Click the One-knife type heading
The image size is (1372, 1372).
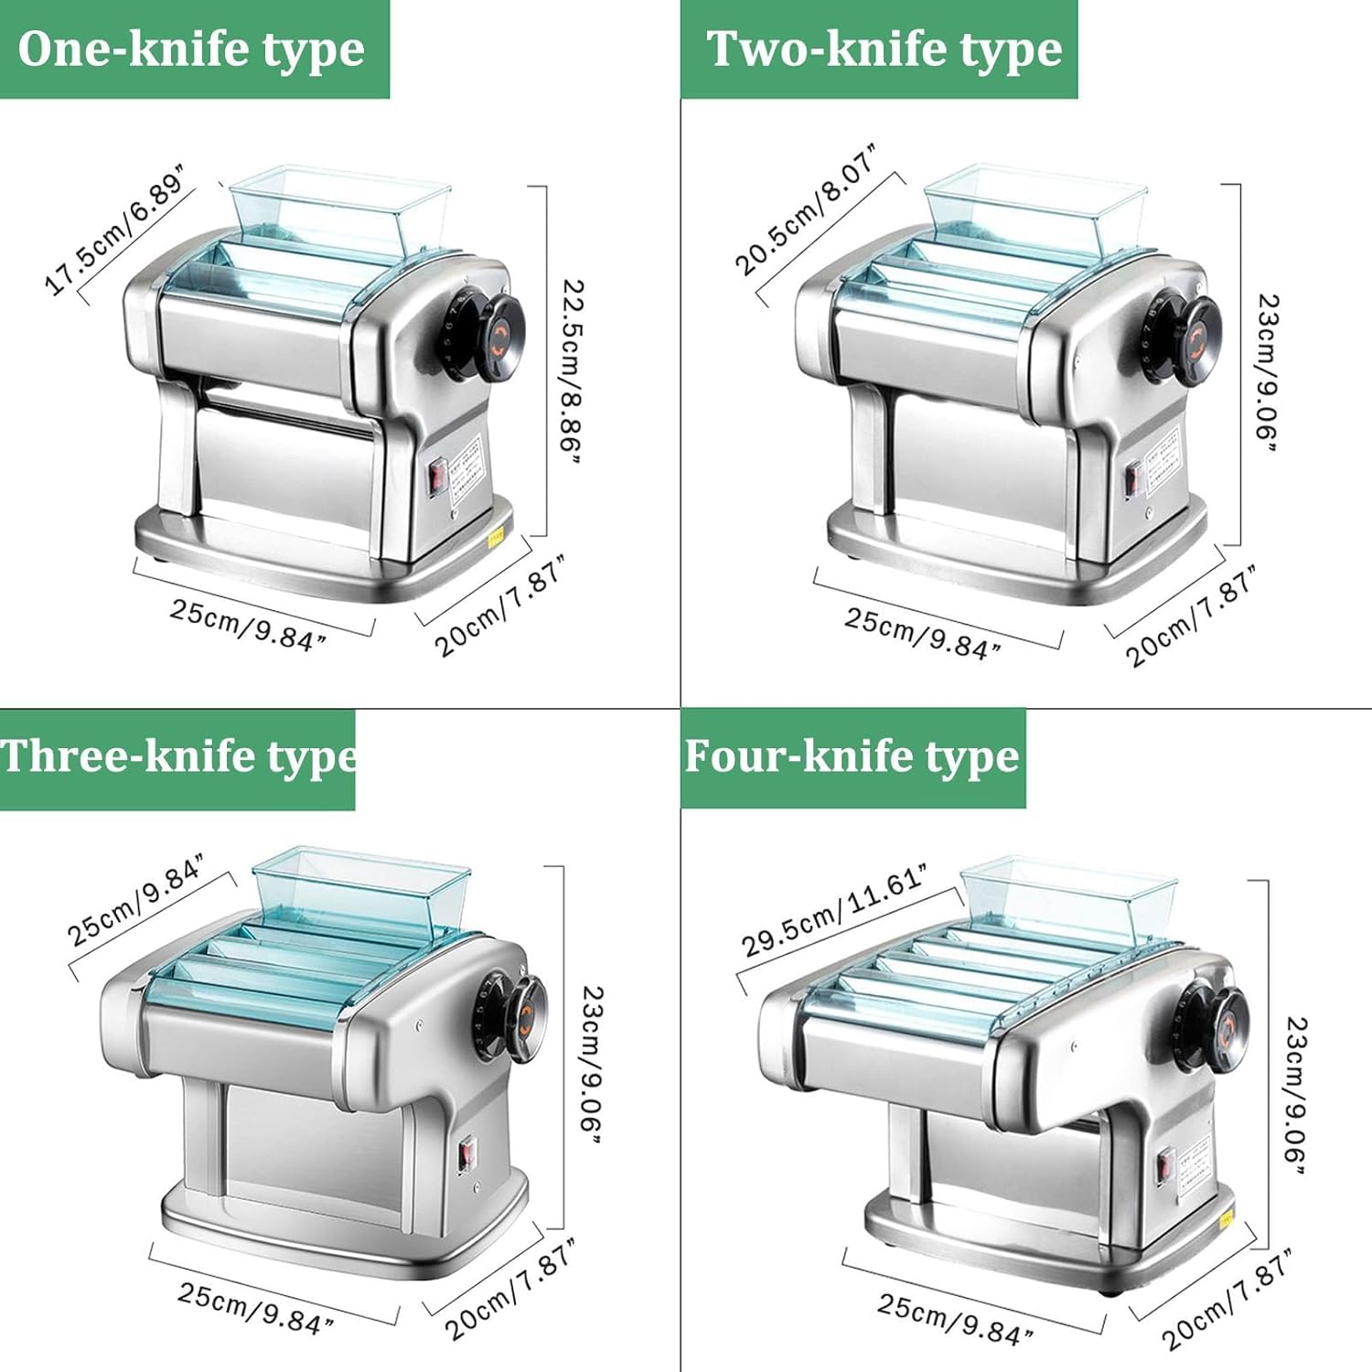[191, 49]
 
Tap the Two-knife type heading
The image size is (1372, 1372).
[884, 49]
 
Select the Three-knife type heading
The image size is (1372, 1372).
[178, 757]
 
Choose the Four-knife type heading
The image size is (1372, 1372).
[852, 757]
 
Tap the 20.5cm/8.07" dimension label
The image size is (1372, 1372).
[806, 209]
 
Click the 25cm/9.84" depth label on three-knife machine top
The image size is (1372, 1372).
[135, 900]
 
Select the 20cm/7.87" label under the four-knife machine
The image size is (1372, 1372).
[1227, 1300]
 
